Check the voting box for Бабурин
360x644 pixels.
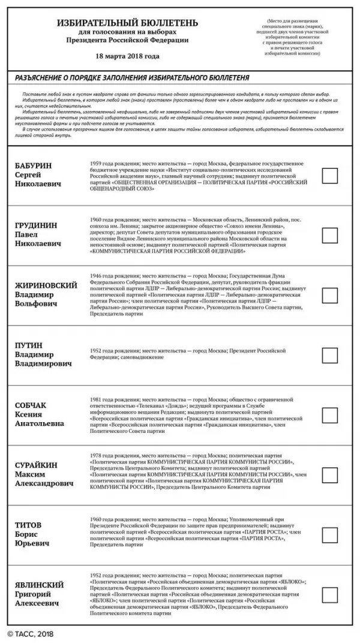click(329, 176)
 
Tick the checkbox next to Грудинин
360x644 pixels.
click(329, 236)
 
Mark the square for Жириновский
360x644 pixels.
click(329, 296)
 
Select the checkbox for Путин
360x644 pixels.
click(329, 356)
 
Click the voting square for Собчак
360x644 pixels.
click(329, 415)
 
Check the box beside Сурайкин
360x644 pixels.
click(329, 475)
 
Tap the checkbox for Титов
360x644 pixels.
click(329, 535)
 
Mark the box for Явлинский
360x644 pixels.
click(329, 595)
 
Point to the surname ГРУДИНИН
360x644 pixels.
click(37, 225)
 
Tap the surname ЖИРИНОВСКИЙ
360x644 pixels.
click(46, 285)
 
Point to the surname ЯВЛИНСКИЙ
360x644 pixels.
click(40, 585)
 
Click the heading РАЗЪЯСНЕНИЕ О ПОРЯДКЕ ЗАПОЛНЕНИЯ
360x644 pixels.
click(132, 78)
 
